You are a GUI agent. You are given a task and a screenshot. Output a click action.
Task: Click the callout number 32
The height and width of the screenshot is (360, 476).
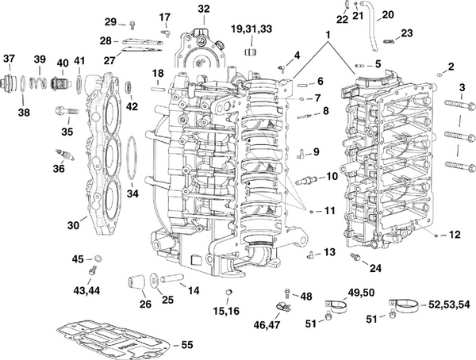tap(204, 9)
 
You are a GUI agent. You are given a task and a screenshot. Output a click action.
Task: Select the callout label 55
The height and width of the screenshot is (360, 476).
tap(187, 345)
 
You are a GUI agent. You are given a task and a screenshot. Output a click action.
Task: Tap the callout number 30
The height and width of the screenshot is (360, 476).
tap(73, 226)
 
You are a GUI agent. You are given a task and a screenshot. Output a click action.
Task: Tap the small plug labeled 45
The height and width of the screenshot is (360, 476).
tap(98, 259)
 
